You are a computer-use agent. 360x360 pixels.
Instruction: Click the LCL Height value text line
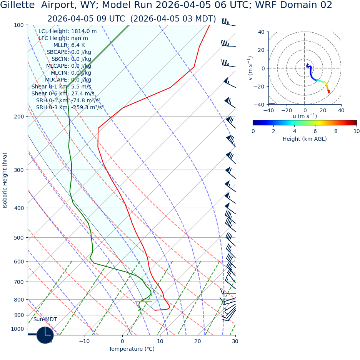pyautogui.click(x=67, y=31)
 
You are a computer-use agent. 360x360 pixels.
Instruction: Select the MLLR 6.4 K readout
pyautogui.click(x=69, y=45)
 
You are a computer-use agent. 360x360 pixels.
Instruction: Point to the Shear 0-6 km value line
pyautogui.click(x=63, y=93)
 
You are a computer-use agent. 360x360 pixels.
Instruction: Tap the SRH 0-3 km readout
pyautogui.click(x=70, y=107)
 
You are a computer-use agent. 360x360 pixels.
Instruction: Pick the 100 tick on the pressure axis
pyautogui.click(x=18, y=25)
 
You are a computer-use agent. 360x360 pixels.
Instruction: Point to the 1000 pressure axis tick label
pyautogui.click(x=17, y=329)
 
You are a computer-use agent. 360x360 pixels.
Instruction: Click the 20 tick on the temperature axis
pyautogui.click(x=197, y=341)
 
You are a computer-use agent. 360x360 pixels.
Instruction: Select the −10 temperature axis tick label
pyautogui.click(x=84, y=341)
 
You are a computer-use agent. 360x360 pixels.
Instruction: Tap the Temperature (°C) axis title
pyautogui.click(x=132, y=349)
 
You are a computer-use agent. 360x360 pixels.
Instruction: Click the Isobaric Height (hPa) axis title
pyautogui.click(x=5, y=180)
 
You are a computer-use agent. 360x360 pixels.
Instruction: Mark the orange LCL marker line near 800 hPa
pyautogui.click(x=143, y=302)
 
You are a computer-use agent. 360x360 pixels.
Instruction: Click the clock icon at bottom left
pyautogui.click(x=45, y=335)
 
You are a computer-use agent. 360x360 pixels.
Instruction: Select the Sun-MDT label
pyautogui.click(x=45, y=320)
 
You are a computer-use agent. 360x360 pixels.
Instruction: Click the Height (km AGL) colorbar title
pyautogui.click(x=304, y=139)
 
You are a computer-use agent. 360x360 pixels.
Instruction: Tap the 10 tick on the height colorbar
pyautogui.click(x=357, y=131)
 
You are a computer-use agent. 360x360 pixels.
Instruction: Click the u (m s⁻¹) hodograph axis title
pyautogui.click(x=305, y=116)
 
